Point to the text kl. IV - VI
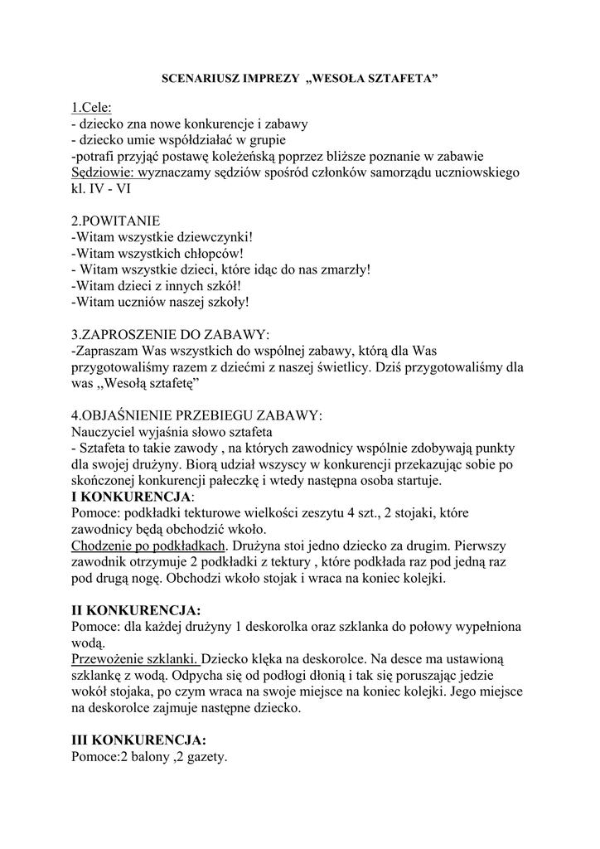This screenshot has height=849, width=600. click(100, 188)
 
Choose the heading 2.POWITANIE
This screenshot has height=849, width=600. click(116, 221)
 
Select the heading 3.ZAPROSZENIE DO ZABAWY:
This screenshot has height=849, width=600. click(171, 335)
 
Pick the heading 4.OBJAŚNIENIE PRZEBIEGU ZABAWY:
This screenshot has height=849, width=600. click(197, 415)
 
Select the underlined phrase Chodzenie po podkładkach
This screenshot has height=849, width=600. click(149, 546)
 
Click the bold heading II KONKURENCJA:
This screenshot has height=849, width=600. click(137, 611)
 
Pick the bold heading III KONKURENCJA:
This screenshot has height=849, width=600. click(139, 740)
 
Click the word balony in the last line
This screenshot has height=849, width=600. click(150, 757)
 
